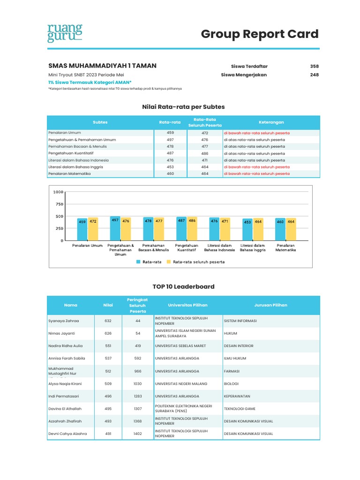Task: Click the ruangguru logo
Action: coord(65,33)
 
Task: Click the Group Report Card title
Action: coord(260,34)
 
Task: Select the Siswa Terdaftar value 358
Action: coord(314,67)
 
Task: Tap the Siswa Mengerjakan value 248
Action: coord(314,75)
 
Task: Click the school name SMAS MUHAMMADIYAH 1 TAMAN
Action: coord(102,66)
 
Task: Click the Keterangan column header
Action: coord(271,122)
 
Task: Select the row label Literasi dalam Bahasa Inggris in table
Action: coord(75,167)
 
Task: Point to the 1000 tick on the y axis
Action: coord(58,192)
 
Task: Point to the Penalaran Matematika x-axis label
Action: coord(285,248)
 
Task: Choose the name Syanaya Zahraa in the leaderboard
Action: coord(64,321)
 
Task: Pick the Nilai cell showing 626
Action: coord(108,333)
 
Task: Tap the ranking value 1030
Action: coord(138,383)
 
